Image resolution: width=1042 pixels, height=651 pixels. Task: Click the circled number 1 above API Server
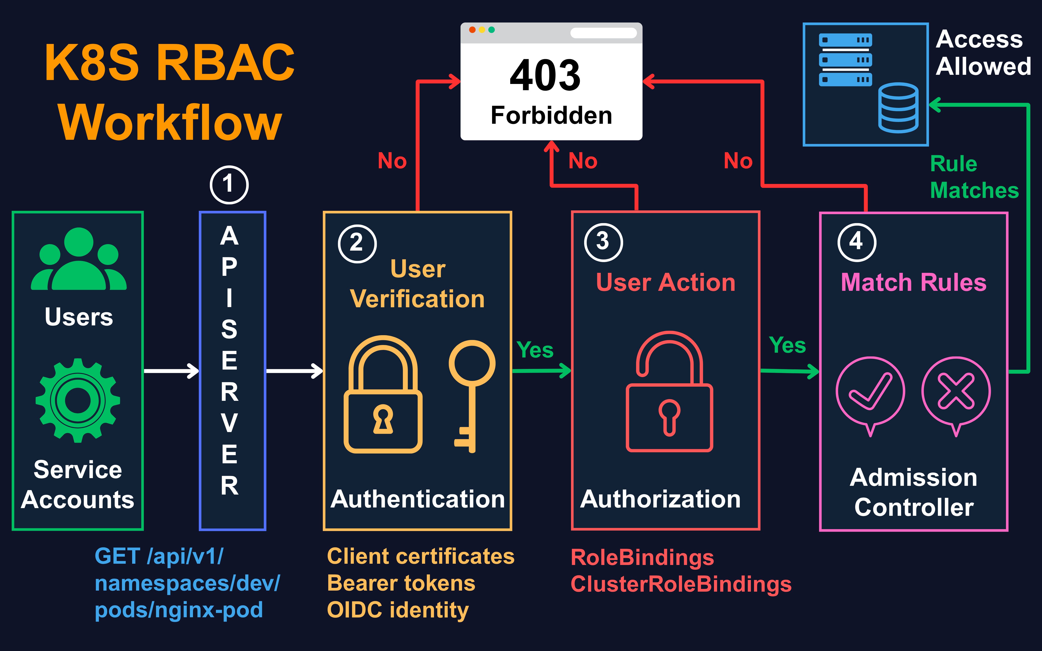click(x=229, y=185)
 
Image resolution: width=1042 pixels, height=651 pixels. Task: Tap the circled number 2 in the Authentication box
click(x=357, y=243)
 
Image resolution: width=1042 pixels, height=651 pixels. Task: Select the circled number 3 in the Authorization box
click(x=603, y=242)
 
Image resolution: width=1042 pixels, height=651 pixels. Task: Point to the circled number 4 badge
click(x=857, y=242)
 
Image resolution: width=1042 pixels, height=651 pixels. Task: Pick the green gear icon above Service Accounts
click(x=78, y=400)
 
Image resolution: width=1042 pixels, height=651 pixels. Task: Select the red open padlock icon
click(x=669, y=392)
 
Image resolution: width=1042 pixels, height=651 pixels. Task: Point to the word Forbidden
click(x=551, y=115)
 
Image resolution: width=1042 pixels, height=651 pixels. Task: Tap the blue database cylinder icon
click(x=898, y=108)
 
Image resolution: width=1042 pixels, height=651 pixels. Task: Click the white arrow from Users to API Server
click(x=171, y=371)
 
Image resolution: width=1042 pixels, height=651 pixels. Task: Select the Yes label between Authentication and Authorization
click(x=535, y=350)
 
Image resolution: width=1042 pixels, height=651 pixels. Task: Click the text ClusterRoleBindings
click(x=681, y=584)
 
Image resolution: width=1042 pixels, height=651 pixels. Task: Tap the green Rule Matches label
click(x=974, y=177)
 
